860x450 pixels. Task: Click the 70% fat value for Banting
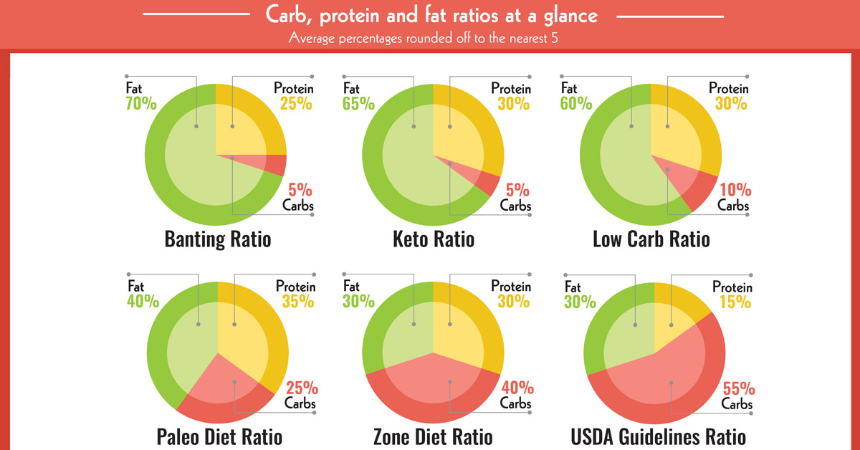pyautogui.click(x=140, y=104)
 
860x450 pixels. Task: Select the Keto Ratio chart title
pyautogui.click(x=433, y=239)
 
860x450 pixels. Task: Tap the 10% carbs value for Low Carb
pyautogui.click(x=735, y=191)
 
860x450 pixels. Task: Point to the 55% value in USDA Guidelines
pyautogui.click(x=738, y=389)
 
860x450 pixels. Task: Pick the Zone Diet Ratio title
pyautogui.click(x=433, y=436)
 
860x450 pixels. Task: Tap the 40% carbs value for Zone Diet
pyautogui.click(x=517, y=388)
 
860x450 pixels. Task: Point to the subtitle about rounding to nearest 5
pyautogui.click(x=423, y=37)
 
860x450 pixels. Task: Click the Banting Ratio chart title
pyautogui.click(x=218, y=239)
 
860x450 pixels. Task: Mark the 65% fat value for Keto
pyautogui.click(x=358, y=104)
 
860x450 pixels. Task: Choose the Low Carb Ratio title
pyautogui.click(x=651, y=239)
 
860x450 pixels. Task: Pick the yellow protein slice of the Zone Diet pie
pyautogui.click(x=466, y=322)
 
